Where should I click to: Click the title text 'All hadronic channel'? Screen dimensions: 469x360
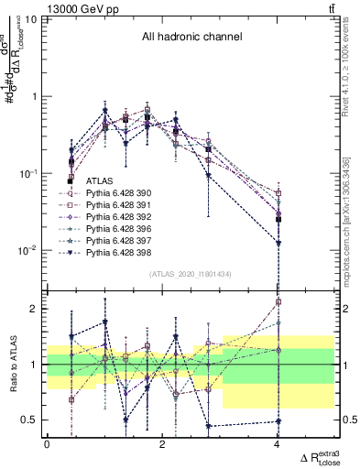pos(191,38)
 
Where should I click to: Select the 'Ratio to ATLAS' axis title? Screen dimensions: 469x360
pos(11,365)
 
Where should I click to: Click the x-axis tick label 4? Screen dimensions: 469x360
pos(278,444)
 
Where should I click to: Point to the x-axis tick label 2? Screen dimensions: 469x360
pos(162,444)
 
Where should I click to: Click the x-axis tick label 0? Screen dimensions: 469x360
pos(47,444)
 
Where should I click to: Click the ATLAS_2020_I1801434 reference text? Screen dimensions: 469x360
pos(191,275)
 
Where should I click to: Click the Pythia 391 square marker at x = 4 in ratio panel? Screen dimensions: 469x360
pos(278,301)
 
